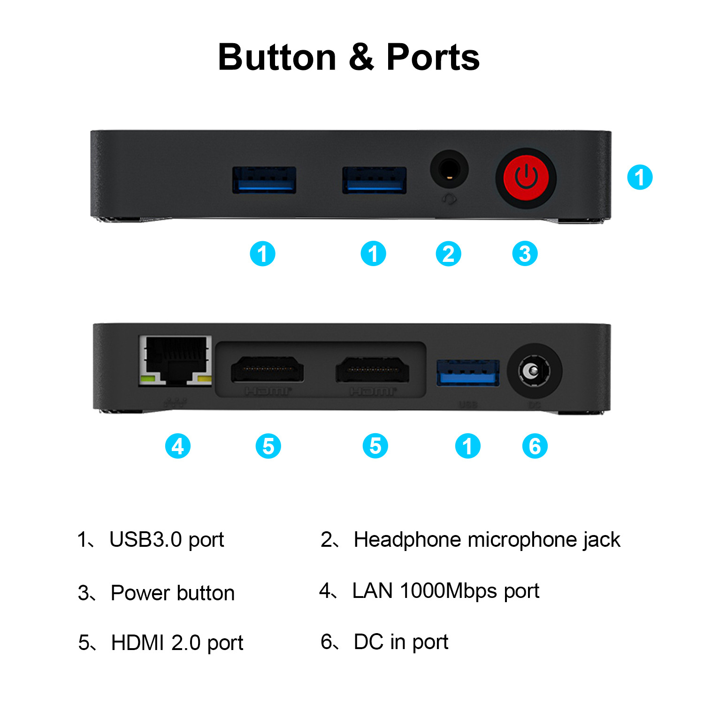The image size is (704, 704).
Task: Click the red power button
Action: pos(526,178)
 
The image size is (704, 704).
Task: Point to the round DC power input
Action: pos(535,371)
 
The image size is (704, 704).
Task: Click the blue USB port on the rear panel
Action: pos(468,373)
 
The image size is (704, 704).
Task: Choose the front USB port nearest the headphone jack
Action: pos(374,180)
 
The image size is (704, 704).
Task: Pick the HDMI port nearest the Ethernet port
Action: pos(267,369)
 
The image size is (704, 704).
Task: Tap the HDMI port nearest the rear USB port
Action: pos(372,369)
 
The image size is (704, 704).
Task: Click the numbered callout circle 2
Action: pos(449,254)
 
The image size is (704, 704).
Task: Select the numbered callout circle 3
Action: pos(525,254)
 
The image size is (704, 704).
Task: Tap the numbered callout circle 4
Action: pos(178,446)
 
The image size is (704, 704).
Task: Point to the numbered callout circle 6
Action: pos(535,446)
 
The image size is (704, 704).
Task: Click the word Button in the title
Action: pos(277,57)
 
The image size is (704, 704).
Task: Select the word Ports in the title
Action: pos(433,57)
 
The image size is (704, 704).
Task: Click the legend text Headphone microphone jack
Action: pos(487,540)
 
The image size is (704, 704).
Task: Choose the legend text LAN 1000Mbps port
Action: pos(445,591)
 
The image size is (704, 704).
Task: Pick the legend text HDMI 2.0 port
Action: pos(177,643)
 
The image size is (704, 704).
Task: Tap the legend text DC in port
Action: pos(401,642)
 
